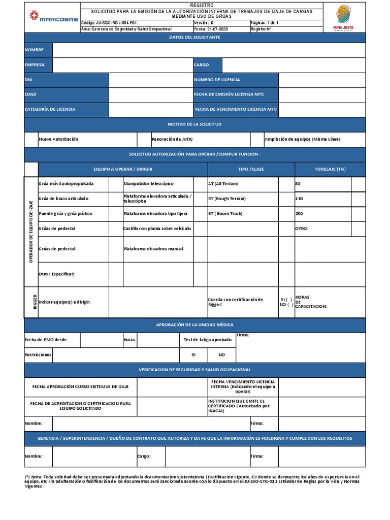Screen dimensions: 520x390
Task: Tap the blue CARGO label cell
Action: click(207, 65)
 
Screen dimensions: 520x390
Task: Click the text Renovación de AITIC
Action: click(172, 139)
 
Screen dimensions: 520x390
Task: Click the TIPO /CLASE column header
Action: click(251, 169)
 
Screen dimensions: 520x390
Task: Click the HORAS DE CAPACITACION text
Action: click(311, 302)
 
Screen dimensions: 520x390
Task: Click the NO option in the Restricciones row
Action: click(222, 354)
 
